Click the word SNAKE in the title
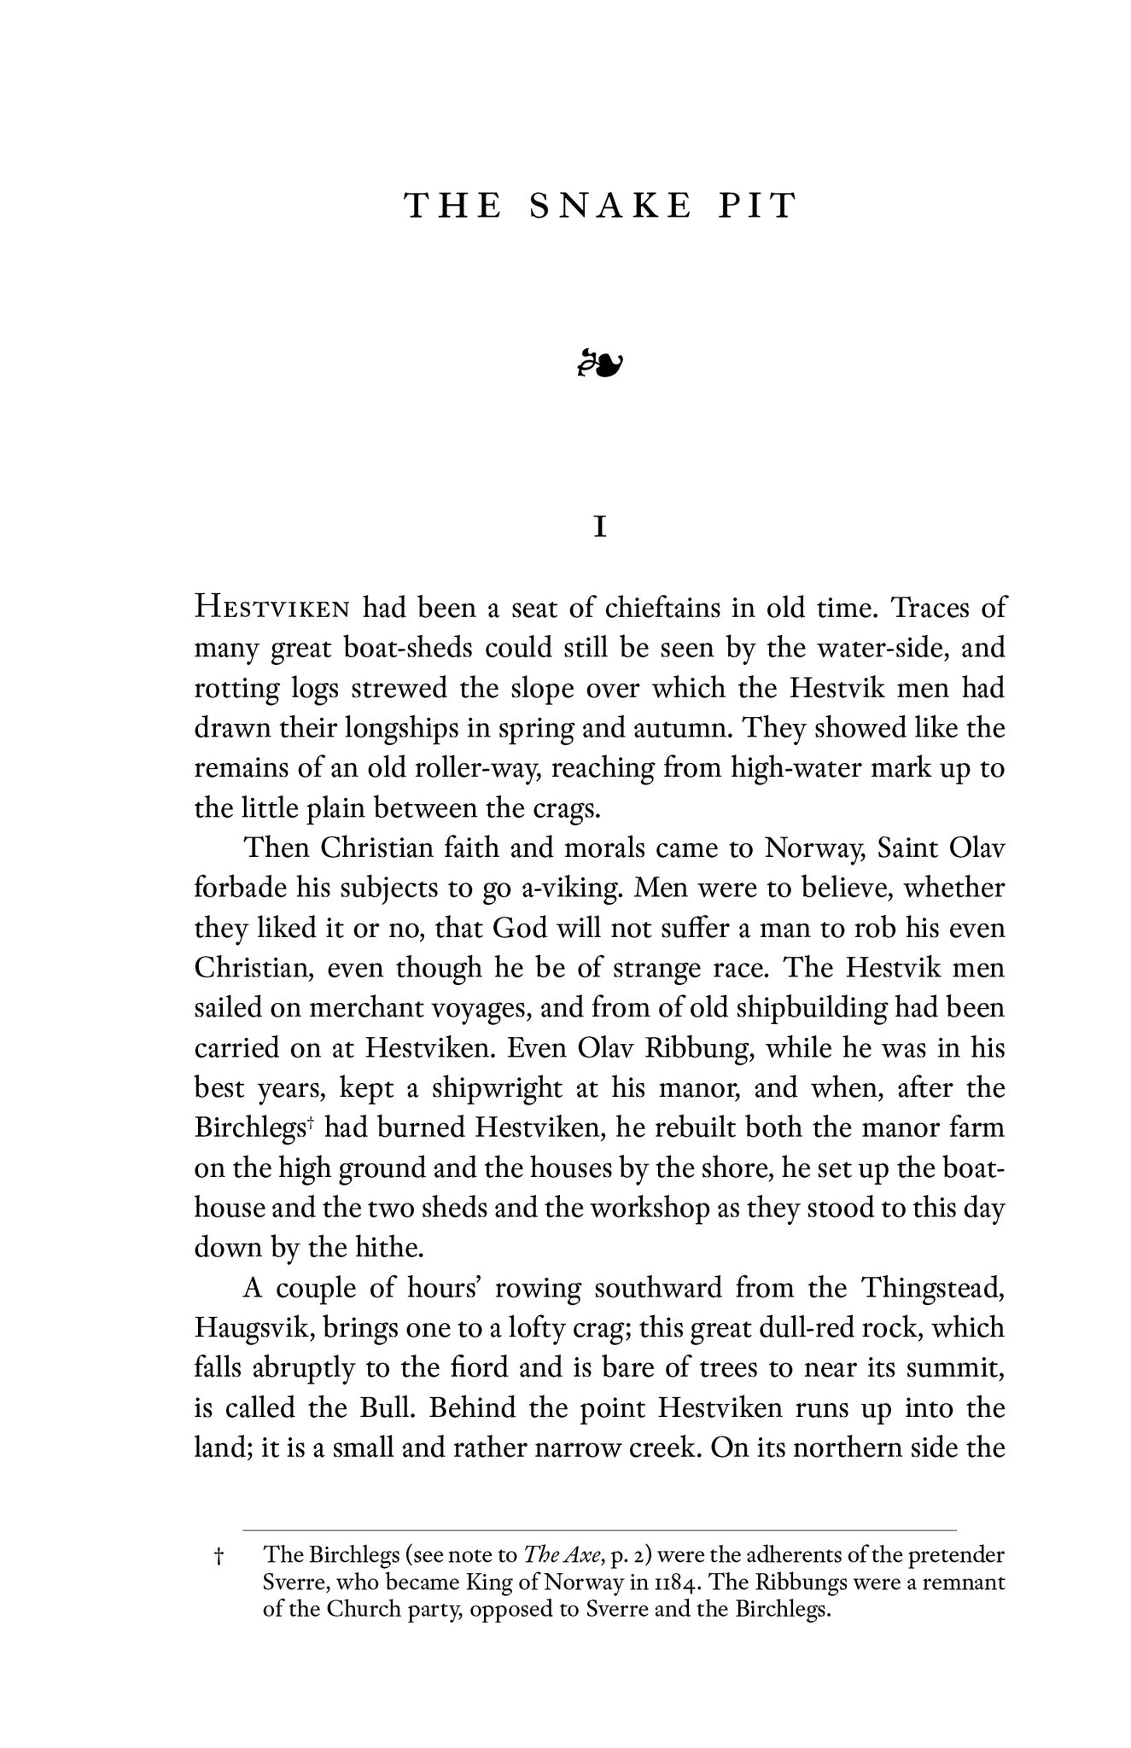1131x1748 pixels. click(609, 207)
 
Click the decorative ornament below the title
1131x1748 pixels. click(600, 364)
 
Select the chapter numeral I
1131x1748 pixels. click(600, 528)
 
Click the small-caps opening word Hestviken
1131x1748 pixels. click(272, 609)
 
